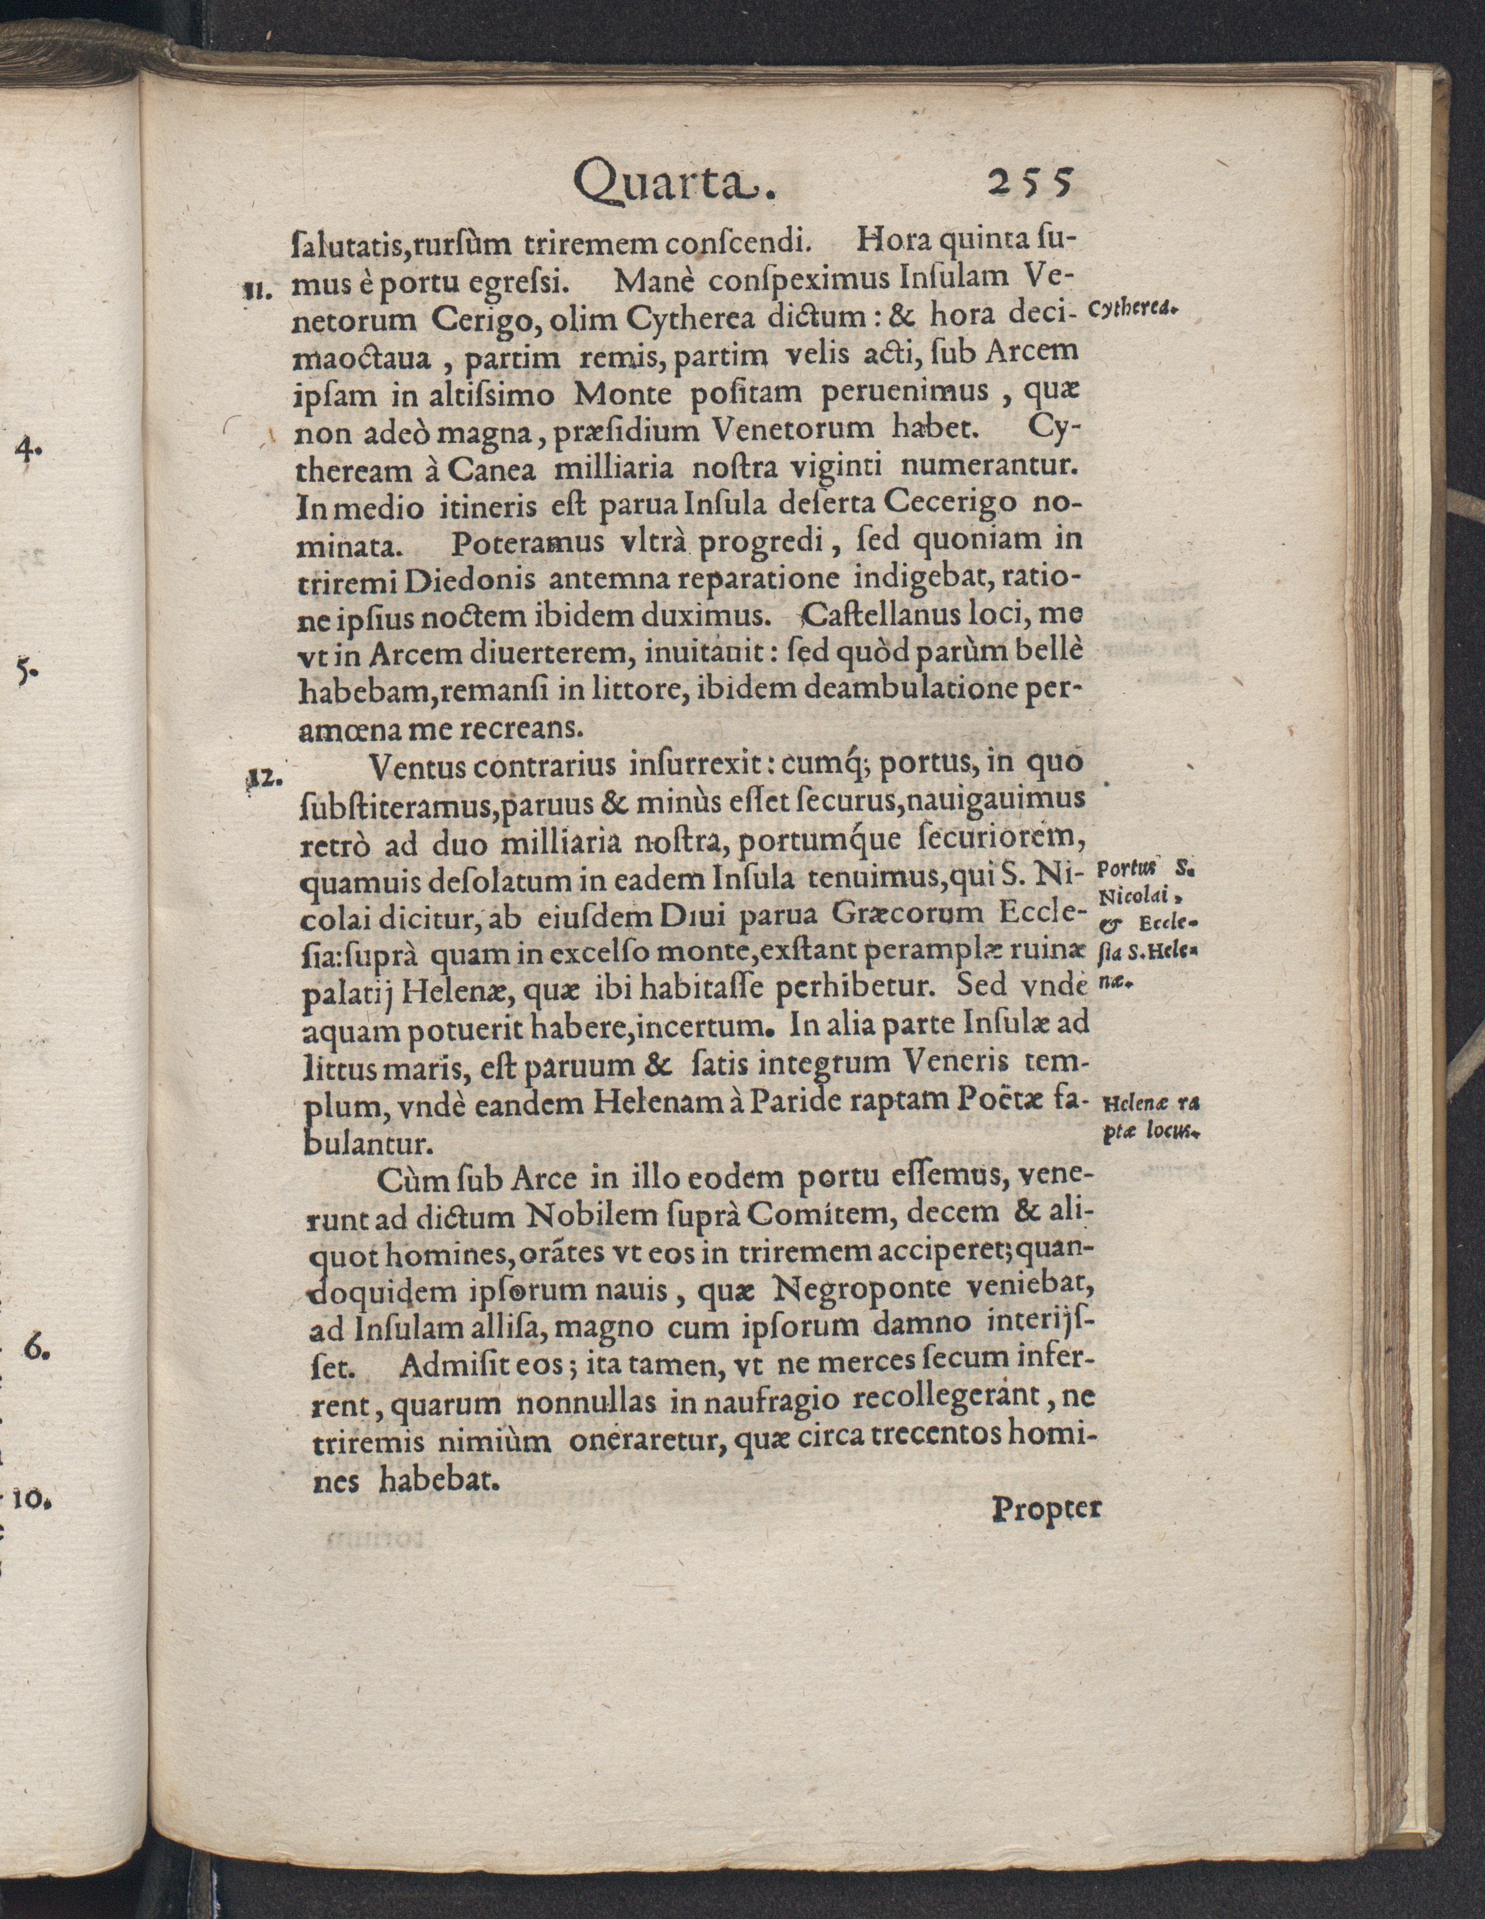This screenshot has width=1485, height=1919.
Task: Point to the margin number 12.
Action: (259, 777)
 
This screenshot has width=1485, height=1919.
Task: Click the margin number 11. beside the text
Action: (259, 287)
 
